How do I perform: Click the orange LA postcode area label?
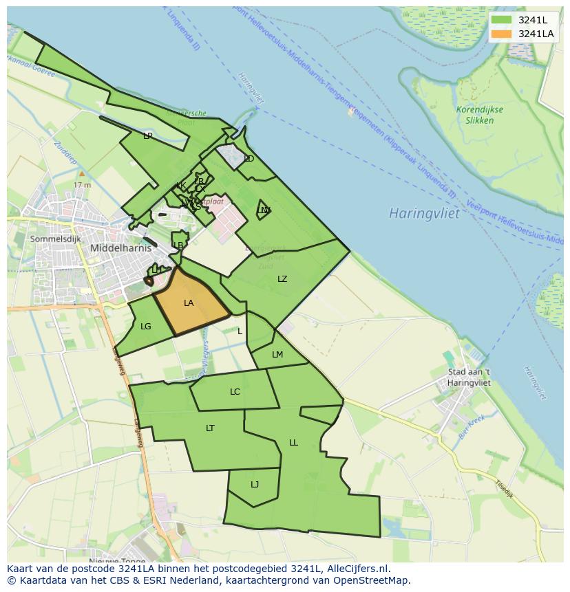(189, 303)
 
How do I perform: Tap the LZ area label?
(282, 279)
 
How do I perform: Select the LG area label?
(145, 327)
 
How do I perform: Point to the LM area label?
(277, 355)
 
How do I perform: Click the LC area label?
(235, 392)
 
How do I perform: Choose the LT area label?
(210, 428)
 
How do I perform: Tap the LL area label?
(293, 443)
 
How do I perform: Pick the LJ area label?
(255, 485)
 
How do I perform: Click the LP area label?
(147, 136)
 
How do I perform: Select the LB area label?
(179, 245)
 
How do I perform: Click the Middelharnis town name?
(120, 248)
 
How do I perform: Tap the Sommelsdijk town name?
(55, 239)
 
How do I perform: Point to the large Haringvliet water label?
(424, 213)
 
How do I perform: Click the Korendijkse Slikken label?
(480, 115)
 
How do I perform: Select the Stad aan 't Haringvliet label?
(469, 377)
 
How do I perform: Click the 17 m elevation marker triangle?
(81, 174)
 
